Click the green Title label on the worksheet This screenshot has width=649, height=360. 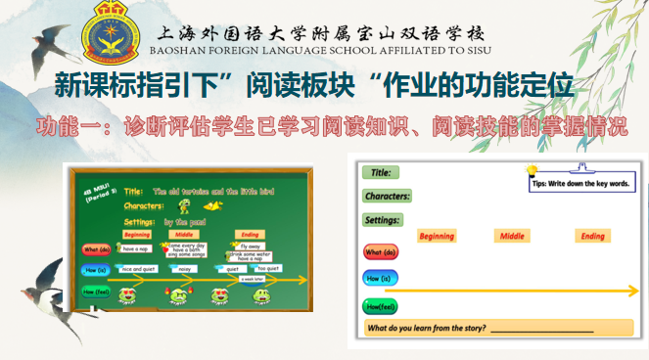click(382, 173)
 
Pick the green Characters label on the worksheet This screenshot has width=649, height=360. click(388, 196)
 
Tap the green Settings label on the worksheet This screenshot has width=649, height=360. click(383, 220)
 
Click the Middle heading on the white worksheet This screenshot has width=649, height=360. click(512, 237)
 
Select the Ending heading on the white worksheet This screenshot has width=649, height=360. click(592, 237)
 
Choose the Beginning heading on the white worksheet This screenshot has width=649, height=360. click(436, 237)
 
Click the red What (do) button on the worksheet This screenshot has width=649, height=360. click(380, 253)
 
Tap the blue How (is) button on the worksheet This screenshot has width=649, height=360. click(380, 278)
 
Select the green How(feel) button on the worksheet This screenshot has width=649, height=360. click(380, 307)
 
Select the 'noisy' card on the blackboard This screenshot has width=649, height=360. click(184, 268)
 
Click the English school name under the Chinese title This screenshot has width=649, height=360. click(322, 50)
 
